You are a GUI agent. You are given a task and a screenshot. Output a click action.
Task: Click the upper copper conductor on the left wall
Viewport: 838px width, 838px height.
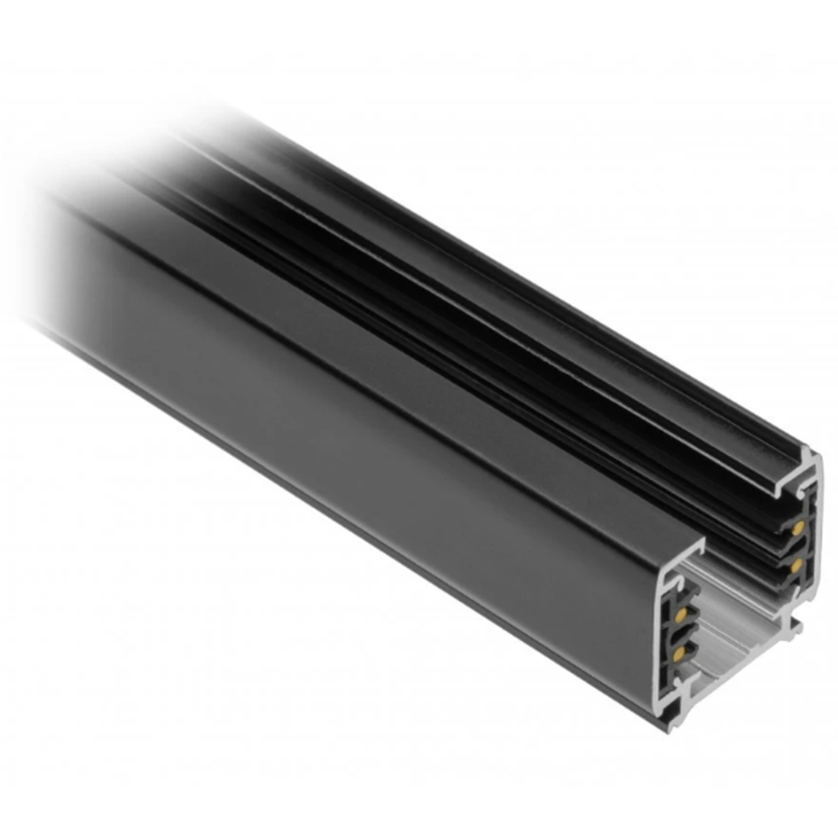click(680, 615)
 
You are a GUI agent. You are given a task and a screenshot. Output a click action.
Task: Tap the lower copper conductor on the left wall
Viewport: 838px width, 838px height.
click(679, 654)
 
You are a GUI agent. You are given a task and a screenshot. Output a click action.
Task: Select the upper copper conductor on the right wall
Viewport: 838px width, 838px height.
click(797, 528)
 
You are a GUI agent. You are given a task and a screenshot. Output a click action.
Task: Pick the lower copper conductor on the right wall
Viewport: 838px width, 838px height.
click(795, 564)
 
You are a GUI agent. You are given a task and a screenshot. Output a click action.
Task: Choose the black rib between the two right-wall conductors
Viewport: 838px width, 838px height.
click(795, 546)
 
